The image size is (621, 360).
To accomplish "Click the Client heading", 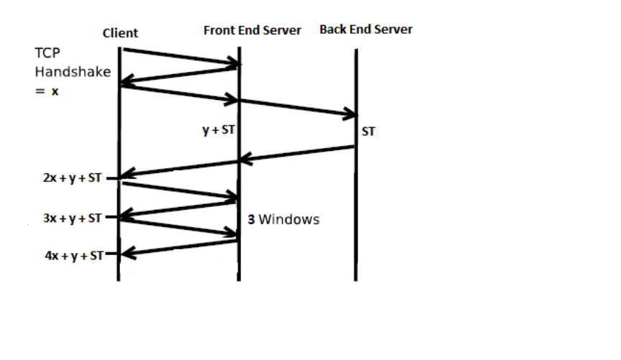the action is tap(120, 33).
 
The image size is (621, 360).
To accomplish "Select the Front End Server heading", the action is tap(252, 30).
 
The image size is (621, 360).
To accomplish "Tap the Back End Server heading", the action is tap(366, 29).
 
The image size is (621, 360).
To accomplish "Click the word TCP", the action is tap(47, 53).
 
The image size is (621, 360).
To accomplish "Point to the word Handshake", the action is tap(73, 72).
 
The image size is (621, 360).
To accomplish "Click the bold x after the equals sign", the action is tap(55, 91).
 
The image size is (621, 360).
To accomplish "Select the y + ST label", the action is tap(218, 130).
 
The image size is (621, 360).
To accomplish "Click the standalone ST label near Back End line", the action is tap(368, 131).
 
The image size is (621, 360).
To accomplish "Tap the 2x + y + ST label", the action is tap(73, 178).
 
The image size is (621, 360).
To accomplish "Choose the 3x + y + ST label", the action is tap(73, 218).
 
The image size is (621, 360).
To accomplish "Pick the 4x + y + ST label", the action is tap(75, 256).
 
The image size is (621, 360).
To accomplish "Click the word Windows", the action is tap(289, 219).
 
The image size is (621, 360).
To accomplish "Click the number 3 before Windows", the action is tap(251, 219).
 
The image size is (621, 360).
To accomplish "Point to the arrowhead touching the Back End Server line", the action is tap(350, 114).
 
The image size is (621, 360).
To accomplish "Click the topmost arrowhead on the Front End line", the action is tap(234, 63).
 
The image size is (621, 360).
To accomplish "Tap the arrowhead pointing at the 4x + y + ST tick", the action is tap(128, 253).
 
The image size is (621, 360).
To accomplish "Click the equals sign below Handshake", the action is tap(40, 91).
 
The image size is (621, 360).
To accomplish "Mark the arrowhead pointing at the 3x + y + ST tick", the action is tap(126, 215).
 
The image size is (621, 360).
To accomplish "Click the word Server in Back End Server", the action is tap(393, 29).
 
